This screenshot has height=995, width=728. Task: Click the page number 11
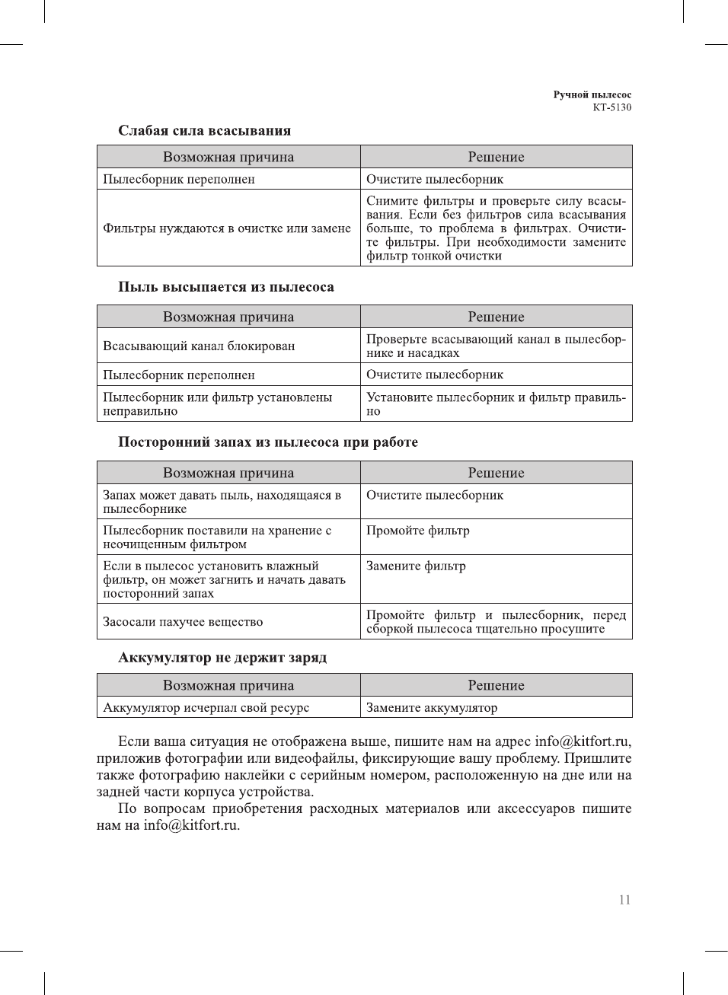(x=624, y=900)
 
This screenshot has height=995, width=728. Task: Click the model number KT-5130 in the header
(x=611, y=107)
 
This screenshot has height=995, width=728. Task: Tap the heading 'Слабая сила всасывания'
(x=204, y=131)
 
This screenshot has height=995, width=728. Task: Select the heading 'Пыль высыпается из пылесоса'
(x=225, y=287)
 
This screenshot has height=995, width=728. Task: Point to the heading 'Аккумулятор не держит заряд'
(x=222, y=658)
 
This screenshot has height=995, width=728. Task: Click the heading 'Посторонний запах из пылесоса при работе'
(x=267, y=442)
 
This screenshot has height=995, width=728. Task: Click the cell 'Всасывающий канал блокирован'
(x=199, y=346)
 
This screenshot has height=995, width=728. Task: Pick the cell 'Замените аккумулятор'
(x=432, y=708)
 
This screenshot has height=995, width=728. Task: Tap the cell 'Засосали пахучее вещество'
(x=183, y=622)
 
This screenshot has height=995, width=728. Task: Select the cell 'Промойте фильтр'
(x=417, y=531)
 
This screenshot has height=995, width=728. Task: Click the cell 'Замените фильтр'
(x=416, y=566)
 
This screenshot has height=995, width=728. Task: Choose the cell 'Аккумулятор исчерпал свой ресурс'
(x=206, y=708)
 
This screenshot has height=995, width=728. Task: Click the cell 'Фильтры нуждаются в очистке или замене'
(x=227, y=228)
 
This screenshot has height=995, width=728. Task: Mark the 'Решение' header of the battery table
(x=496, y=685)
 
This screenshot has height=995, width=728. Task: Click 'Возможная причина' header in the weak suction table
(x=228, y=157)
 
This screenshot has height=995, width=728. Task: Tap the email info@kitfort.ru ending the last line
(x=191, y=825)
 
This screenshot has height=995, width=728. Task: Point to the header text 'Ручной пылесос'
(x=592, y=95)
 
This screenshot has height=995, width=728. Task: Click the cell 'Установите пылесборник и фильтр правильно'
(x=496, y=404)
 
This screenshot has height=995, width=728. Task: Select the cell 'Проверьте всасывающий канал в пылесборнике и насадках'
(x=496, y=346)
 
